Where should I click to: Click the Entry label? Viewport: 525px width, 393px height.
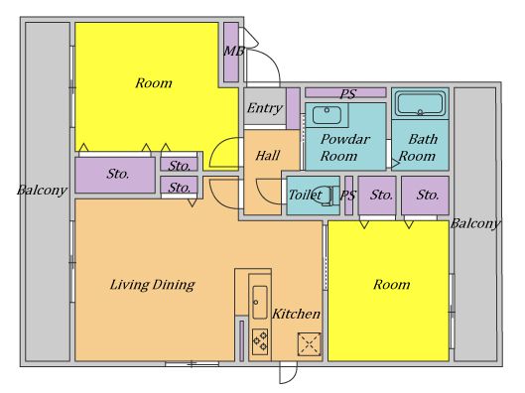(265, 108)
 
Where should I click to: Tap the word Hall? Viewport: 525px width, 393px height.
(268, 156)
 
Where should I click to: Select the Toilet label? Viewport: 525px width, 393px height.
(306, 195)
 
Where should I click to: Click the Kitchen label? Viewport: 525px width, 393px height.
(297, 314)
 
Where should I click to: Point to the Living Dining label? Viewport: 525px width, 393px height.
(153, 285)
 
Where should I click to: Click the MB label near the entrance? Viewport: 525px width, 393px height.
(234, 51)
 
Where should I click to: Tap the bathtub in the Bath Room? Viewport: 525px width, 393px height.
(420, 104)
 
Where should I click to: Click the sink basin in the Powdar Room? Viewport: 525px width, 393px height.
(327, 115)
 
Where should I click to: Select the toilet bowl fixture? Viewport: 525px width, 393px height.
(324, 196)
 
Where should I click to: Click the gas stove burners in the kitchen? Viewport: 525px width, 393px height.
(260, 341)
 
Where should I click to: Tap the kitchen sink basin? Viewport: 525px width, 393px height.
(260, 303)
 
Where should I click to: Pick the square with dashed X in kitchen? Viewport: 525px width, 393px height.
(309, 343)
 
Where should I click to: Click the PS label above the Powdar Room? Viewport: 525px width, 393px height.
(348, 94)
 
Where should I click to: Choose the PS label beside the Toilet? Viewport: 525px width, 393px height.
(348, 196)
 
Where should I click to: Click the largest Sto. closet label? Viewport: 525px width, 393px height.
(118, 174)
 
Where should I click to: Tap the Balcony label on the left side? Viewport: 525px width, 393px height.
(43, 191)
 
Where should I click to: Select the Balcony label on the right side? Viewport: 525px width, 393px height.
(475, 223)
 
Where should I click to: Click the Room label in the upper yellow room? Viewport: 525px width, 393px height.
(154, 82)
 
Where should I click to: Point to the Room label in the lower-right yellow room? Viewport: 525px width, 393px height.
(391, 285)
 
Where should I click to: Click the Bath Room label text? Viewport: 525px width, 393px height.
(418, 147)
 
